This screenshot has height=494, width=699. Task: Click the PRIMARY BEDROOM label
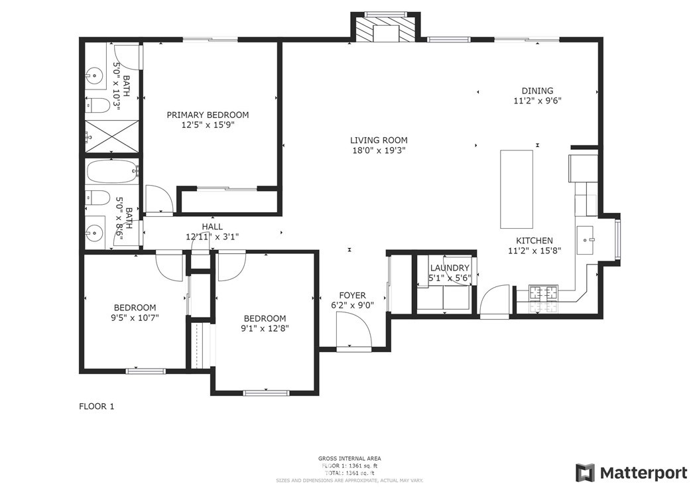pyautogui.click(x=208, y=115)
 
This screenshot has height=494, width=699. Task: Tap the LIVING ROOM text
pyautogui.click(x=379, y=140)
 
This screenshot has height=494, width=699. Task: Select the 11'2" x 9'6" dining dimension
pyautogui.click(x=537, y=101)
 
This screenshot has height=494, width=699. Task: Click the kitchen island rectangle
pyautogui.click(x=516, y=188)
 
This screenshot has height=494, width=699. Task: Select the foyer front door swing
pyautogui.click(x=351, y=330)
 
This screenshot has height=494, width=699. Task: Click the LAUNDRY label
pyautogui.click(x=449, y=268)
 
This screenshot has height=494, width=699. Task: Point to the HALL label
pyautogui.click(x=212, y=227)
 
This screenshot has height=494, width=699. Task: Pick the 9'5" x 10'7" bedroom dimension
pyautogui.click(x=135, y=318)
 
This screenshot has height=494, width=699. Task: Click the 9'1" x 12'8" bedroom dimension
pyautogui.click(x=265, y=328)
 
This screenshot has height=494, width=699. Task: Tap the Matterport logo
pyautogui.click(x=631, y=473)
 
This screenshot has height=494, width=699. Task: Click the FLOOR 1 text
pyautogui.click(x=97, y=406)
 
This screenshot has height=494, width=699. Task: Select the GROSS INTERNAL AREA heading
pyautogui.click(x=349, y=458)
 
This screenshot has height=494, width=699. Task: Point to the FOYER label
pyautogui.click(x=352, y=296)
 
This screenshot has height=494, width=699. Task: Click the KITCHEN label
pyautogui.click(x=535, y=241)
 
